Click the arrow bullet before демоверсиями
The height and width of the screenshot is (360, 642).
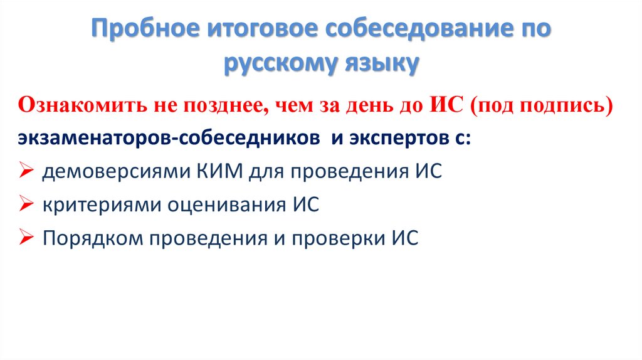[26, 172]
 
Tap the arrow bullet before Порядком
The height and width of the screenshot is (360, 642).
[26, 238]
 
